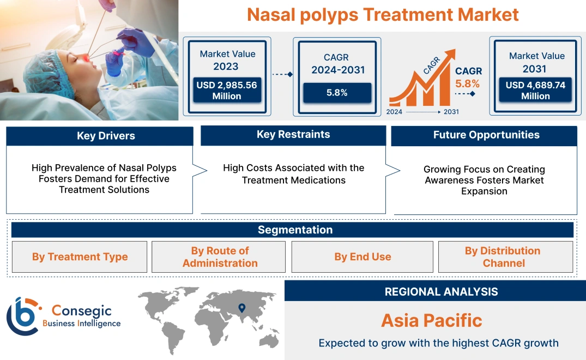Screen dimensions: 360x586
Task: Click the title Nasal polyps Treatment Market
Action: pyautogui.click(x=383, y=15)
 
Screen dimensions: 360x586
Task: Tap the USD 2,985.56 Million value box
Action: pyautogui.click(x=226, y=91)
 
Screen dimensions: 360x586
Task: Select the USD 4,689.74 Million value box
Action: pyautogui.click(x=535, y=91)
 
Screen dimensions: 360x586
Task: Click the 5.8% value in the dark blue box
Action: pyautogui.click(x=337, y=93)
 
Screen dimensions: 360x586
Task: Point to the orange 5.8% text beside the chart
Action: pyautogui.click(x=467, y=84)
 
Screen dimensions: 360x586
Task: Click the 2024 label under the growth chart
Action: pyautogui.click(x=395, y=111)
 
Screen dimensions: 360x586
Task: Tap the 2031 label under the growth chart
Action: pyautogui.click(x=451, y=111)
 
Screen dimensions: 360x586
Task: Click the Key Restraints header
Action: pyautogui.click(x=293, y=135)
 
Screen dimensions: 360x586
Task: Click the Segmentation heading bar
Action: pyautogui.click(x=294, y=230)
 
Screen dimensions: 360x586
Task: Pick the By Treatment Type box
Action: pyautogui.click(x=80, y=257)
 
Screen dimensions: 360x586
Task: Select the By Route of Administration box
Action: pyautogui.click(x=220, y=257)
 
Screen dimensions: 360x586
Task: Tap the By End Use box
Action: pyautogui.click(x=363, y=257)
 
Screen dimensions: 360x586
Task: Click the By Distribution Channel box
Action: pyautogui.click(x=503, y=257)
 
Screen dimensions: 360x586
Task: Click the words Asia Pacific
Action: pyautogui.click(x=431, y=320)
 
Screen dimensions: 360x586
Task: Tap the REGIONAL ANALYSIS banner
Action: pyautogui.click(x=441, y=292)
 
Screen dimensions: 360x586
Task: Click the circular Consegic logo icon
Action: pyautogui.click(x=23, y=316)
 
